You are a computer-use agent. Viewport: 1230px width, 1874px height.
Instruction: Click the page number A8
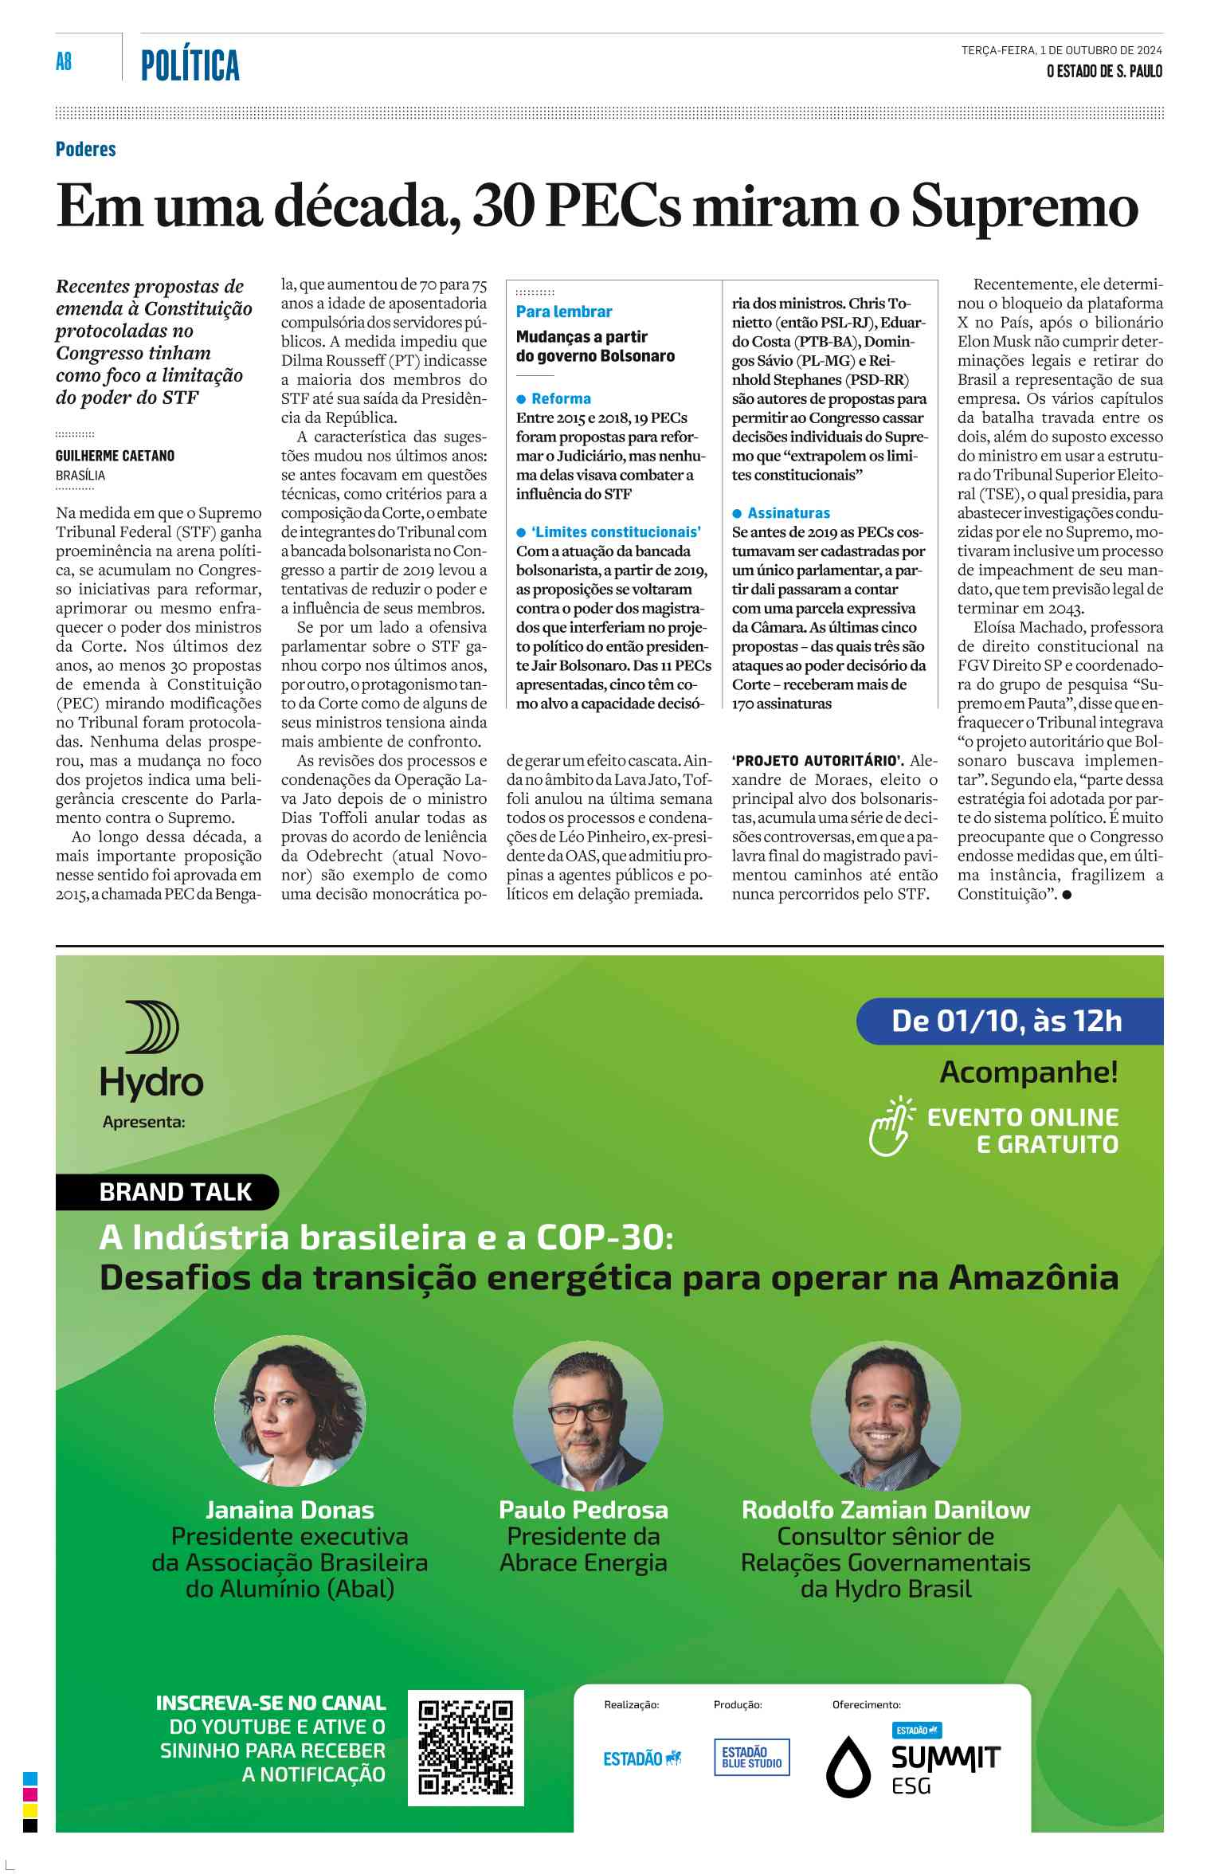pos(64,61)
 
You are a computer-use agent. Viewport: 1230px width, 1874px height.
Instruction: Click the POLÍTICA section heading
pos(190,65)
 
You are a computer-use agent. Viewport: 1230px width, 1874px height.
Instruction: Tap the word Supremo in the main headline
pos(1024,206)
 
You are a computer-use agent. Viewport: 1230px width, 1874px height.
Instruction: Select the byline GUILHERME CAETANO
pos(115,456)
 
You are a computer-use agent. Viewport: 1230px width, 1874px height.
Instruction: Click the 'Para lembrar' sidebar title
pos(564,312)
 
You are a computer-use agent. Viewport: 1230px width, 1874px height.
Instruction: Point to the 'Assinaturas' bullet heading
pos(788,513)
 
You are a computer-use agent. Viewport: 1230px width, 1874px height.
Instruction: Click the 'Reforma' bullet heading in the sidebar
pos(561,398)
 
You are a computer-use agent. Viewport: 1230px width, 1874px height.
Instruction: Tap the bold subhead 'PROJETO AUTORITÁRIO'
pos(817,760)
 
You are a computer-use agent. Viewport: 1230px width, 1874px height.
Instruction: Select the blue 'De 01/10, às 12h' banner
pos(1008,1021)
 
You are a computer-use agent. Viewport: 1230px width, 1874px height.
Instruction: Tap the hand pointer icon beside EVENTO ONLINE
pos(891,1125)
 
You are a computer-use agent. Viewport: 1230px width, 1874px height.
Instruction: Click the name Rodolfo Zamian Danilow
pos(885,1509)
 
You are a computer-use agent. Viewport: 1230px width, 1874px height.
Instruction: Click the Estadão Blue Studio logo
pos(751,1757)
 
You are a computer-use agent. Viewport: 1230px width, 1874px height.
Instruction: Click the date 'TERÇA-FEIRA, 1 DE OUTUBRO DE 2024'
pos(1061,50)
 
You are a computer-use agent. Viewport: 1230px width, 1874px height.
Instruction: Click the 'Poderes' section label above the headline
pos(86,149)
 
